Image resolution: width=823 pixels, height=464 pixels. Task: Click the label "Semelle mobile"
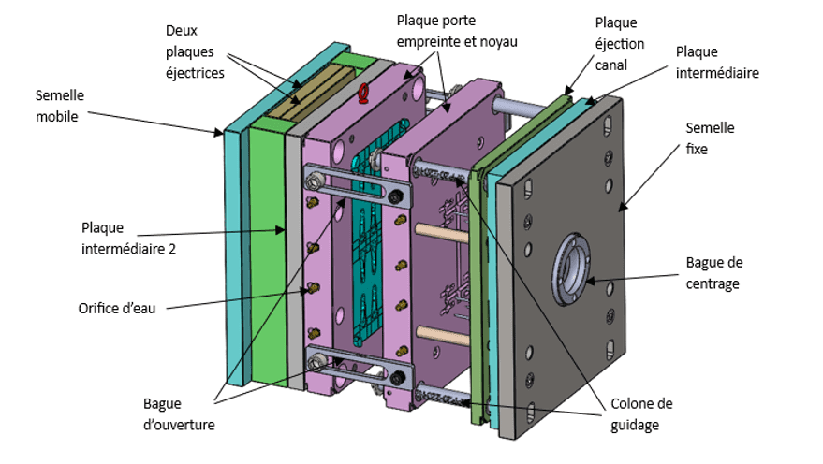[x=60, y=106]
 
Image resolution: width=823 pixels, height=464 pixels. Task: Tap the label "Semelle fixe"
[x=710, y=138]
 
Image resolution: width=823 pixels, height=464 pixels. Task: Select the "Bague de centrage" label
[x=714, y=273]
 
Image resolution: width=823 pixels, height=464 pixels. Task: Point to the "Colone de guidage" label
[x=641, y=414]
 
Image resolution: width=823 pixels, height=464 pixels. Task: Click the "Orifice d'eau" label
[x=117, y=309]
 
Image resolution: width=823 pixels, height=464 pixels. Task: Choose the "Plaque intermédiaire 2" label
[x=128, y=238]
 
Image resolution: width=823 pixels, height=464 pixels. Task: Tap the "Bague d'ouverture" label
[x=179, y=414]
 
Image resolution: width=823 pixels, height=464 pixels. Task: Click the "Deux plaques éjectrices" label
[x=195, y=51]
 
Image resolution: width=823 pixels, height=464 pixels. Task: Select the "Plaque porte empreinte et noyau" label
[x=457, y=31]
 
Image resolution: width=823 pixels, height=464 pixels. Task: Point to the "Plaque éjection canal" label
[x=619, y=44]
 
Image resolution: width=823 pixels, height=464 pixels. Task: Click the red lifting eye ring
[x=362, y=93]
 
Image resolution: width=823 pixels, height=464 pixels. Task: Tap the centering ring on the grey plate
[x=570, y=269]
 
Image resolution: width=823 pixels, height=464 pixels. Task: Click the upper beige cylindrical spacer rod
[x=441, y=233]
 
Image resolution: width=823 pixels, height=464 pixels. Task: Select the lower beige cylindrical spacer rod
[x=443, y=335]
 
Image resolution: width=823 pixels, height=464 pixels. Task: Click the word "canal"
[x=611, y=65]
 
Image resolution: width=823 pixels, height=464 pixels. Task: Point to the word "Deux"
[x=181, y=31]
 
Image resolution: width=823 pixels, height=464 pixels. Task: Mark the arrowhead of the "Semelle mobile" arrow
[x=219, y=134]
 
